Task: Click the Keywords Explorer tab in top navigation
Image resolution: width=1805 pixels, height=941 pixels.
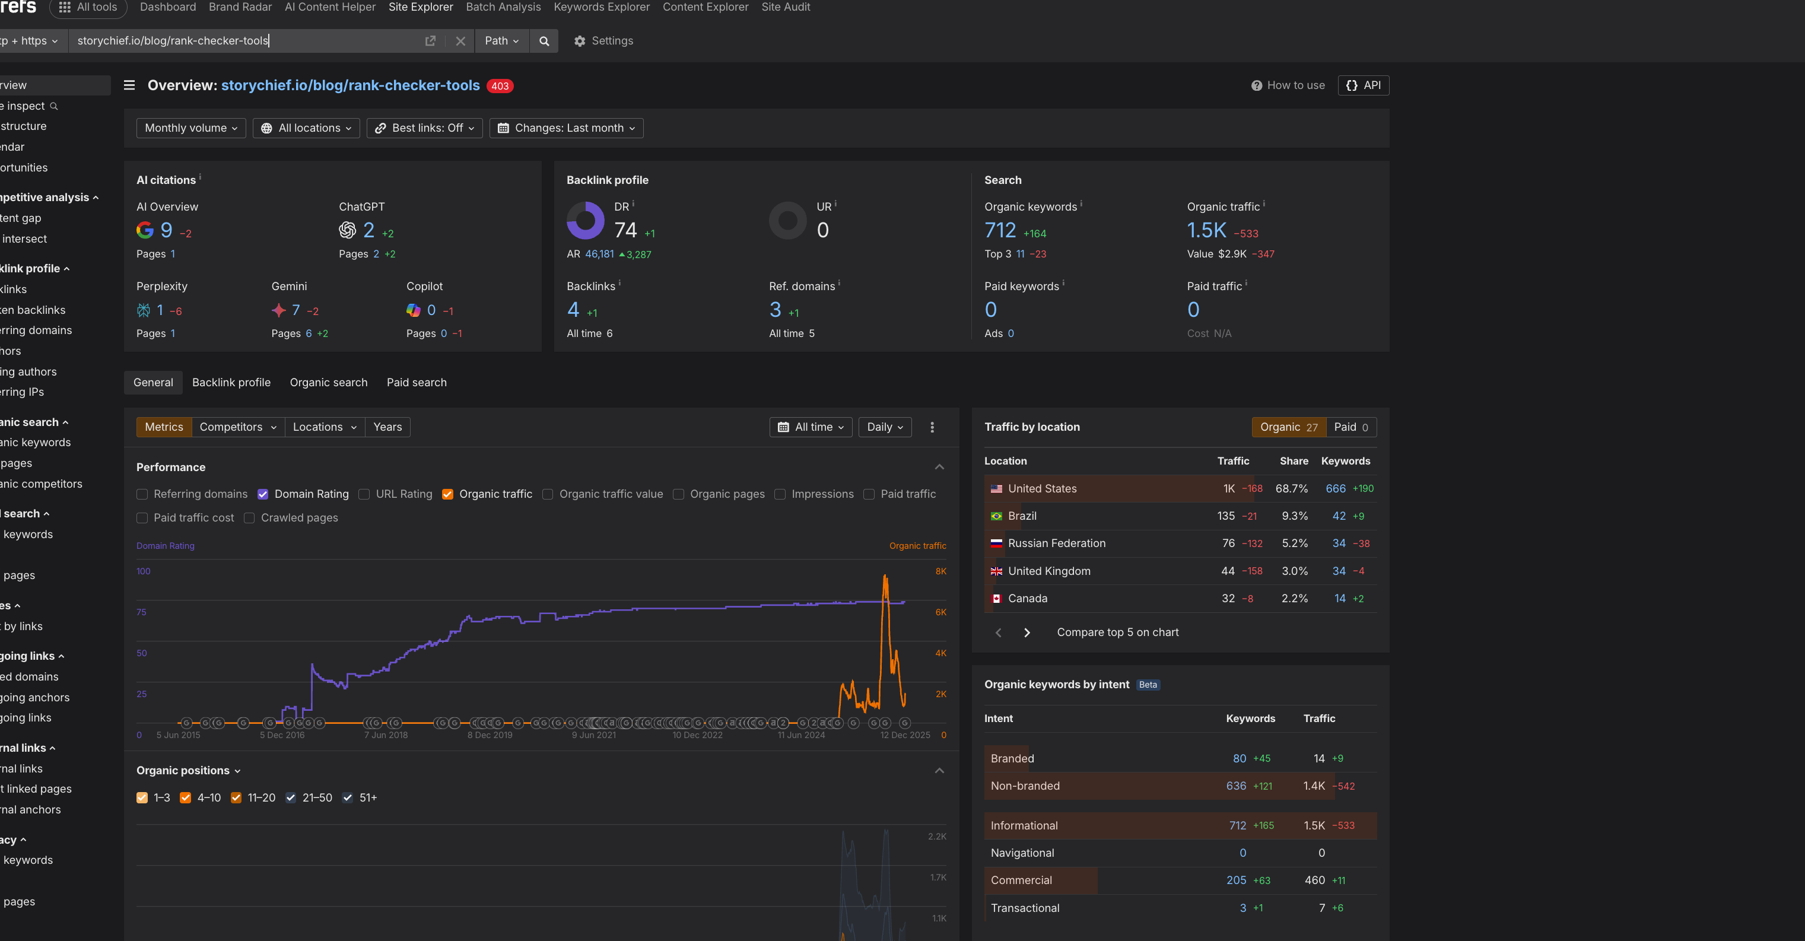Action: click(601, 7)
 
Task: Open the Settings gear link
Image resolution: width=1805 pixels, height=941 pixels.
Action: click(603, 40)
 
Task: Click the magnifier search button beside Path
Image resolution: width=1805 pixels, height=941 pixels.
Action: click(544, 40)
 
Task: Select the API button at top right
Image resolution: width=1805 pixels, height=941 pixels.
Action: click(1363, 85)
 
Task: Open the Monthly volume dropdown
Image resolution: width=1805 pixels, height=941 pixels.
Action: click(190, 128)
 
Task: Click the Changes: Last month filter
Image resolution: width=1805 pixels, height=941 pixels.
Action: click(566, 128)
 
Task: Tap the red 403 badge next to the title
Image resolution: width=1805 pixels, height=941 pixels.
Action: click(500, 85)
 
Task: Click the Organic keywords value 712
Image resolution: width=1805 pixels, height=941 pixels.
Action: click(1000, 230)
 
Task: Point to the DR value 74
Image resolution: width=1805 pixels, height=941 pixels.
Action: click(625, 230)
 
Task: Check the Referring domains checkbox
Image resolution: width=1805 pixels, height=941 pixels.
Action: click(142, 494)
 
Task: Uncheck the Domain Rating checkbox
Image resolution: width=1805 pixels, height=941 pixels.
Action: click(263, 494)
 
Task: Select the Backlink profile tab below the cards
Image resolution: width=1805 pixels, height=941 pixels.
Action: click(231, 383)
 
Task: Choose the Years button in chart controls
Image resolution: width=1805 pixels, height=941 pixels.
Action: click(387, 427)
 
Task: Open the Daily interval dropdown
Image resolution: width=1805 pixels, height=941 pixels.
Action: click(884, 427)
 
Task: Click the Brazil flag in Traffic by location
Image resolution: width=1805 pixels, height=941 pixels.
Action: click(996, 516)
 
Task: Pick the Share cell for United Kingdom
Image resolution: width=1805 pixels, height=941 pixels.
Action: click(1294, 571)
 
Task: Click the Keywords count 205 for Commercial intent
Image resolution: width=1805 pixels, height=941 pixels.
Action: click(1236, 880)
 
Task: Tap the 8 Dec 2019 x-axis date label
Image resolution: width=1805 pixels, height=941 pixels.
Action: click(490, 735)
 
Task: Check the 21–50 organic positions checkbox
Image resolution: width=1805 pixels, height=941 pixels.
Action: click(291, 797)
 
